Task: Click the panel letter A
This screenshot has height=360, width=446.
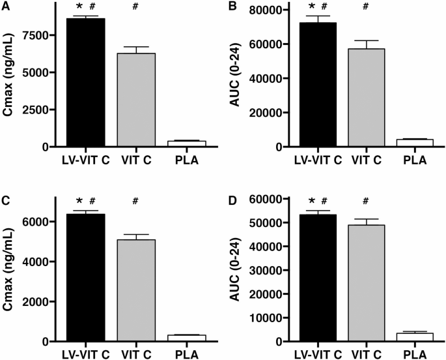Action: click(x=5, y=7)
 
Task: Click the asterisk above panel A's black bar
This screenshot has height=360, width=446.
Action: click(x=79, y=7)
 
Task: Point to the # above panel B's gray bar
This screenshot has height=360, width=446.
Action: click(x=365, y=7)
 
